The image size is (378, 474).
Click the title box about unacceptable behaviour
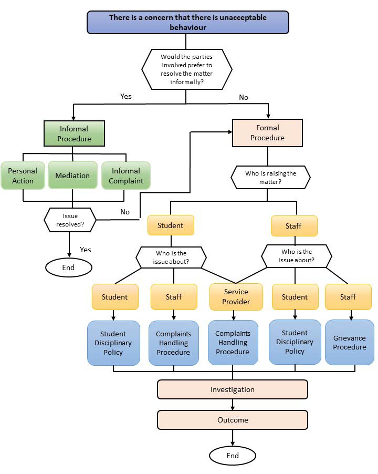(188, 22)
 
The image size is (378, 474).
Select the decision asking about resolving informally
(187, 68)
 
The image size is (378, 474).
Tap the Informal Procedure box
(74, 133)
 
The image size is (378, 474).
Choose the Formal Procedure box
(267, 132)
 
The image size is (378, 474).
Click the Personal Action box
(23, 176)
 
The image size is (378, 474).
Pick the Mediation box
(72, 176)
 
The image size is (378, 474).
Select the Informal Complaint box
(125, 176)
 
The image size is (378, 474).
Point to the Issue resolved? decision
(70, 220)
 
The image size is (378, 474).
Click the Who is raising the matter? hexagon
(270, 178)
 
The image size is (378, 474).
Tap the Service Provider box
(236, 296)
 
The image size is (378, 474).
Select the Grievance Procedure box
(349, 342)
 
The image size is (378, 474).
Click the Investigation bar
(232, 389)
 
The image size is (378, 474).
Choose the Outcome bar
(232, 420)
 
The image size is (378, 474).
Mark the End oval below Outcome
(232, 456)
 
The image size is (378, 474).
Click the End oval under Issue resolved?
(68, 267)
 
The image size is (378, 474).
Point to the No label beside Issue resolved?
(125, 212)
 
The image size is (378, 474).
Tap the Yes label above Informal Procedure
(126, 96)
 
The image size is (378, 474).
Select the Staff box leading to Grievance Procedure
(348, 296)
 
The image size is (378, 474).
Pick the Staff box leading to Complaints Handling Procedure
(173, 296)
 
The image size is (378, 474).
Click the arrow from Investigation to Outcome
(232, 405)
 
